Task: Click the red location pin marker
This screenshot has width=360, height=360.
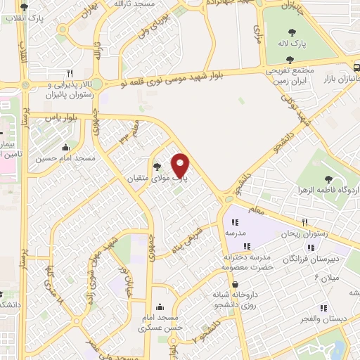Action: (181, 165)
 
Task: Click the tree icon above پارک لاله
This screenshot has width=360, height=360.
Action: (291, 32)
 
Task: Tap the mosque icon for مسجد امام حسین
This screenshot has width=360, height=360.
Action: (65, 147)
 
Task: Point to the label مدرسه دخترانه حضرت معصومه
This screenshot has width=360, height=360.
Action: (246, 262)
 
